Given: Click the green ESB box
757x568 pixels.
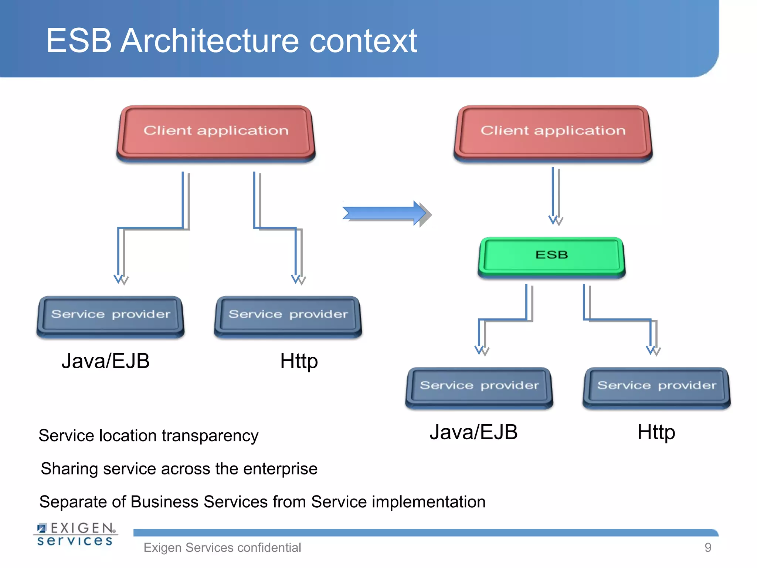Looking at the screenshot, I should [x=551, y=256].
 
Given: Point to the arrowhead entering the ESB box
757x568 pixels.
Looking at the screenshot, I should [x=556, y=220].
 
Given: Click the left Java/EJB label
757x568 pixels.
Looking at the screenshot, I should [x=105, y=361].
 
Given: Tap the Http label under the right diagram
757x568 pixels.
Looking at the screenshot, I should [x=656, y=432].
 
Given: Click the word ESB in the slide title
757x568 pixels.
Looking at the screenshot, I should [x=79, y=41].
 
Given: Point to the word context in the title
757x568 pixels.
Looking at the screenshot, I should [x=363, y=41].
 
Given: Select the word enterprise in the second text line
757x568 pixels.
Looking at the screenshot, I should [x=280, y=469].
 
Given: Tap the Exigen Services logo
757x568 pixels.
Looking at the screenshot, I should [x=76, y=534].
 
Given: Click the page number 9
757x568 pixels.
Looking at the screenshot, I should [x=707, y=547].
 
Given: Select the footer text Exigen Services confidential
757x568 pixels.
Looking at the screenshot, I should [x=222, y=547].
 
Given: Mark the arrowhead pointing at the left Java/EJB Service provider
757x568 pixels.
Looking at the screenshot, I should [x=121, y=280].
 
